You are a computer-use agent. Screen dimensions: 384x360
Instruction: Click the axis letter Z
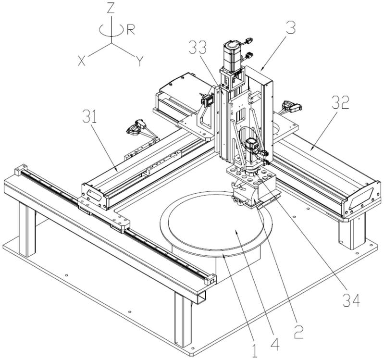[x=111, y=8]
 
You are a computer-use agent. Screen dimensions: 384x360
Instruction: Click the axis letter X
[x=82, y=61]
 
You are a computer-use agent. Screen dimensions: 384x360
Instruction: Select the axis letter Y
[x=139, y=61]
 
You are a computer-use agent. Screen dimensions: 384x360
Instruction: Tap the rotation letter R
[x=131, y=30]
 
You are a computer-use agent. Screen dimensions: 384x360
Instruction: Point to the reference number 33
[x=198, y=47]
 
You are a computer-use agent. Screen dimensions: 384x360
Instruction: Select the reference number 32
[x=341, y=102]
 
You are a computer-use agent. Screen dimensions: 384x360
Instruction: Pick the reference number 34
[x=351, y=300]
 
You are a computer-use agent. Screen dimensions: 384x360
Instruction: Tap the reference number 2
[x=298, y=332]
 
